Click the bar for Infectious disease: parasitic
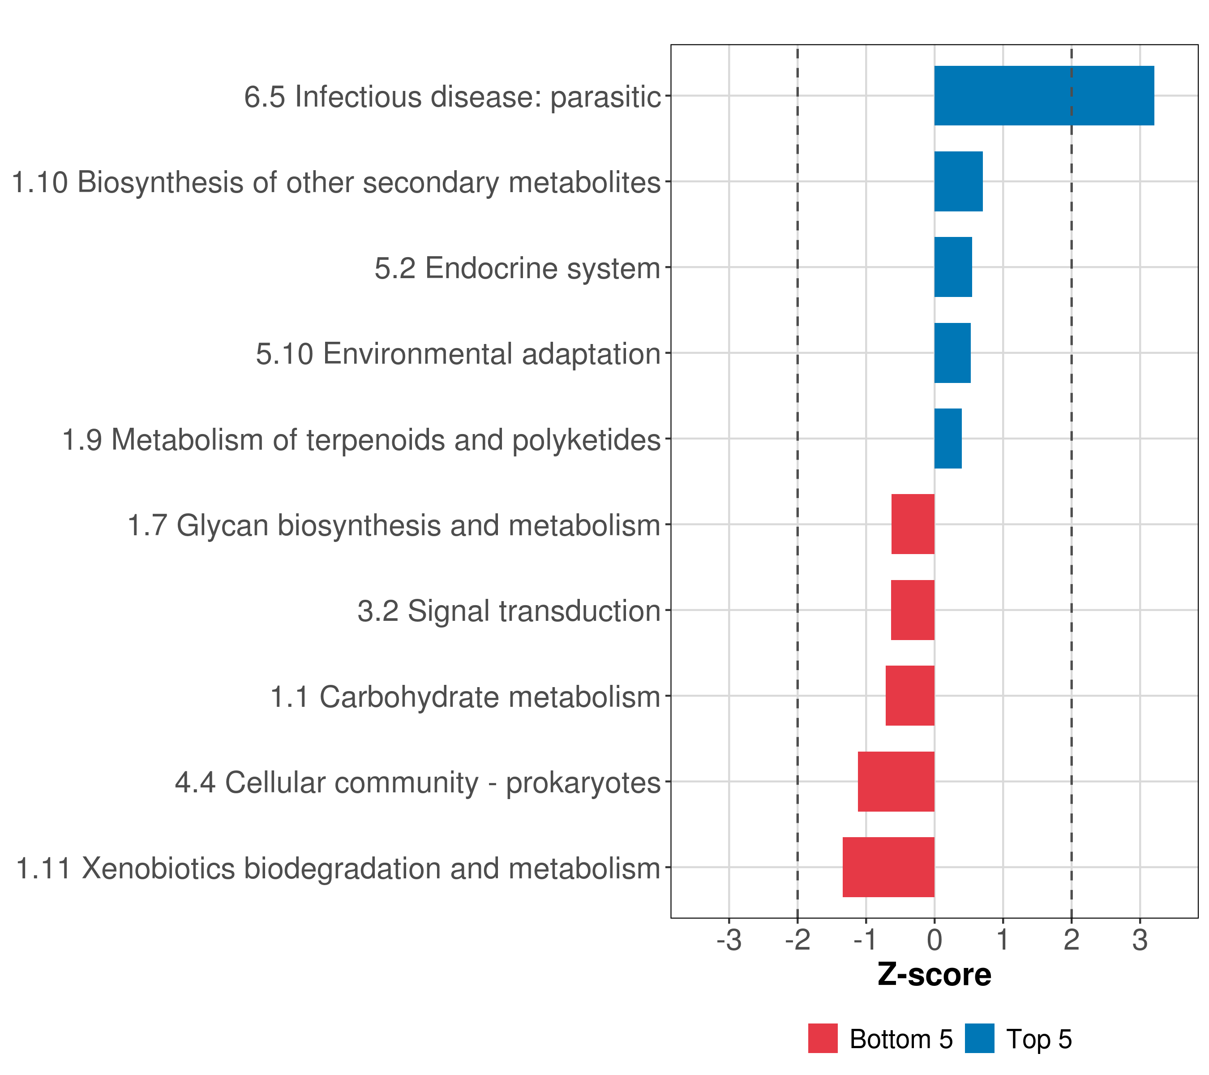1043,96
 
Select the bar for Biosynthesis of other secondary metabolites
958,182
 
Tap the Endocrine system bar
953,267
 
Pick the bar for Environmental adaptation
952,353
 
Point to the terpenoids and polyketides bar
947,439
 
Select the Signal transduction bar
913,610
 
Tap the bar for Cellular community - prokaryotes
896,782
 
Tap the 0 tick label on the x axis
935,940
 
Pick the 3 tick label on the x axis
1140,940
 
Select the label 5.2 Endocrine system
517,268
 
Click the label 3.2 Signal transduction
509,611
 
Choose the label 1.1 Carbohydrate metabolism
465,697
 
